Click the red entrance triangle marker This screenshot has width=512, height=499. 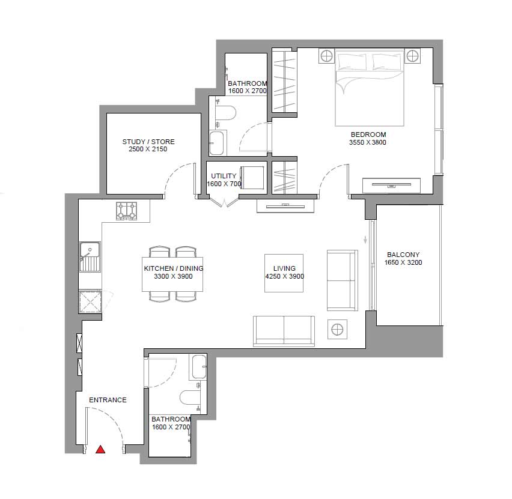coord(100,450)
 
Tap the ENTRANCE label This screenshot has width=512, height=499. coord(108,400)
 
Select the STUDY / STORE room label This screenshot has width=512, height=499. coord(148,142)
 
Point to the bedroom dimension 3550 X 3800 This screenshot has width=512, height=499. coord(368,142)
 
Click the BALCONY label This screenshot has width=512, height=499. coord(403,255)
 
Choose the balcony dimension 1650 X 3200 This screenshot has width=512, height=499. coord(403,262)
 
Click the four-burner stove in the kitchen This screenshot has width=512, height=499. coord(127,211)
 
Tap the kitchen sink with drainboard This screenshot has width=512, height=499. coord(90,256)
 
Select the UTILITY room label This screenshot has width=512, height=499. coord(224,176)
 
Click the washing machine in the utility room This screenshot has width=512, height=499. coord(252,178)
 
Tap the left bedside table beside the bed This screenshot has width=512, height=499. coord(327,56)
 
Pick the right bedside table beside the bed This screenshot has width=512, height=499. coord(413,56)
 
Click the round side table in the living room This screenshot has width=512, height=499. coord(337,329)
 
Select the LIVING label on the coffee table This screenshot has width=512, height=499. coord(284,268)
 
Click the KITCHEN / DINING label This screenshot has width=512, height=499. coord(174,268)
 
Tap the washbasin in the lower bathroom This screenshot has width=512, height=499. coord(198,367)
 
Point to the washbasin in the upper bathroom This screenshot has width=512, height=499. coord(218,143)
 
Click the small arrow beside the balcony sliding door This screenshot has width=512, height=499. coord(365,240)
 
